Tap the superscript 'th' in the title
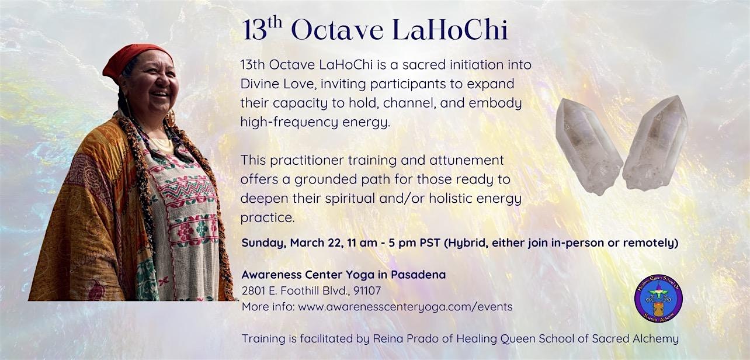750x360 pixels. coord(275,24)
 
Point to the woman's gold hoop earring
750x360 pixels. coord(171,117)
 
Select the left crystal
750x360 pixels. coord(587,144)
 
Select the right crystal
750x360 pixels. coord(655,143)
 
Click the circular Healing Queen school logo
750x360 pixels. coord(658,299)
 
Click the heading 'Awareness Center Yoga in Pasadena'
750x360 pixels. coord(343,275)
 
